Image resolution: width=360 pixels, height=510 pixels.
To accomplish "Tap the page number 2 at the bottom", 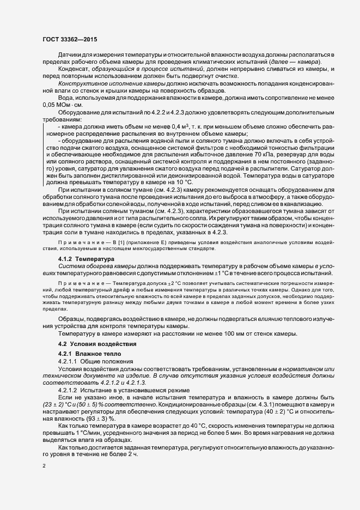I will point(44,466).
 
